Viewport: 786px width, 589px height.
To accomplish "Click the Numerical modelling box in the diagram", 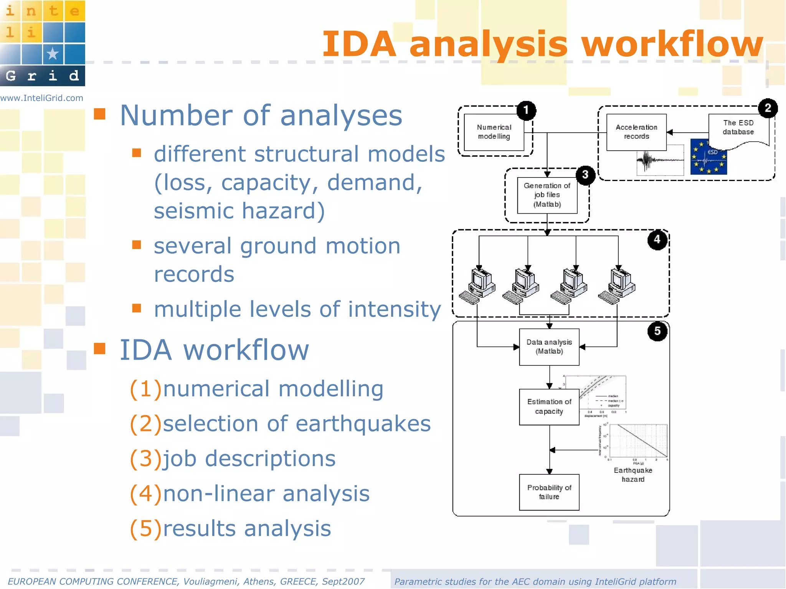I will point(494,132).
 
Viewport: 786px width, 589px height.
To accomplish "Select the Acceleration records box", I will point(636,132).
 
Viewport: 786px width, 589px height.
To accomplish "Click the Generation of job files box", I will point(547,195).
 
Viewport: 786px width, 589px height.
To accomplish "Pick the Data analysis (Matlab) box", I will point(549,347).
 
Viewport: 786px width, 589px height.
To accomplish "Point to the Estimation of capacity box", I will point(549,407).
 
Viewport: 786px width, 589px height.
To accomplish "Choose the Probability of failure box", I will point(549,492).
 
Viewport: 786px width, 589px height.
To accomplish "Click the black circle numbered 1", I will point(526,110).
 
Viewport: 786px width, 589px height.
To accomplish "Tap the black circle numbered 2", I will point(768,108).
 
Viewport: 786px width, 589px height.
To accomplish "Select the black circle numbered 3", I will point(585,175).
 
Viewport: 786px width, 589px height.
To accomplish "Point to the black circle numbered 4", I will point(657,240).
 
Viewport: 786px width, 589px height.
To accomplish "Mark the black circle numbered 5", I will point(657,331).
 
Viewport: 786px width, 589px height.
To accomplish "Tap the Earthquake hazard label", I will point(633,475).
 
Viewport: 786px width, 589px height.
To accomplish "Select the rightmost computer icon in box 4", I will point(619,286).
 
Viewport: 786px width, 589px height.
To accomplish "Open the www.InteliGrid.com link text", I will point(42,98).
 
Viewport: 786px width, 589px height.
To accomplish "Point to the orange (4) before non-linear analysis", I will point(145,494).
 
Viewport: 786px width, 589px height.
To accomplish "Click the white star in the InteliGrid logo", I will point(53,54).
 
